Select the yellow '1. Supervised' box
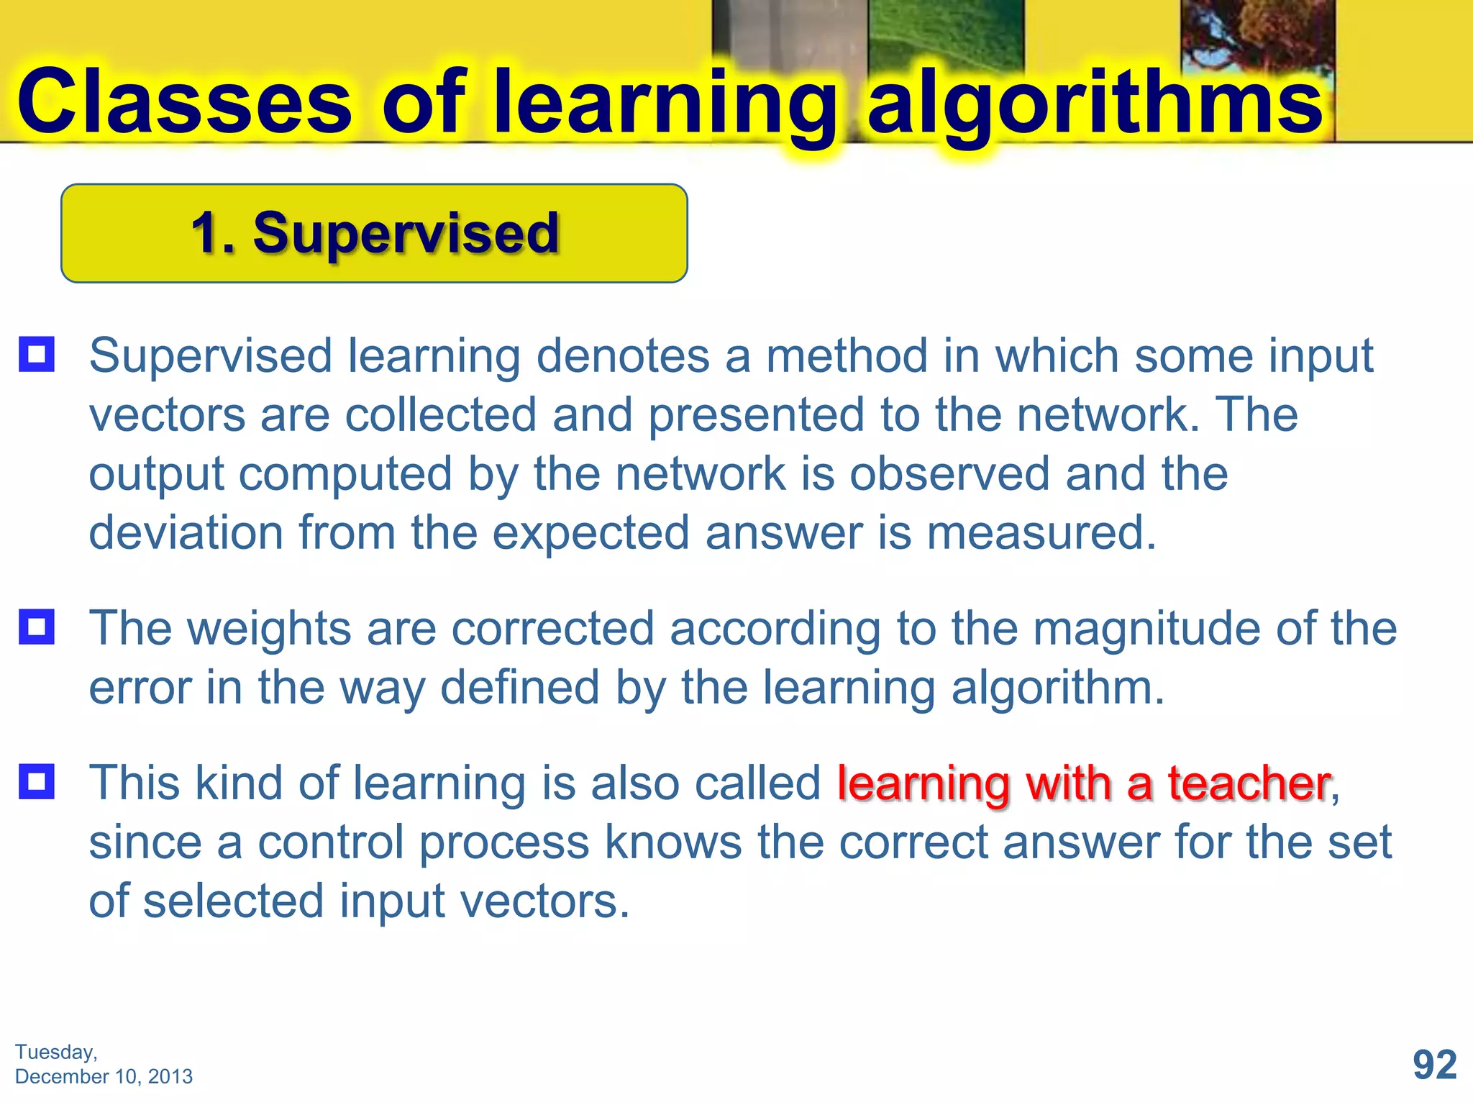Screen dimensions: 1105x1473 (x=374, y=233)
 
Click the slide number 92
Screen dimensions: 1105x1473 (x=1434, y=1064)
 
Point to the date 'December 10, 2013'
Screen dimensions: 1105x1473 (x=104, y=1076)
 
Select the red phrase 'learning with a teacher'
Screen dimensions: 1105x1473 (x=1083, y=783)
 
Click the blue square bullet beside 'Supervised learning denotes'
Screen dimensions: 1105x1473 (x=37, y=354)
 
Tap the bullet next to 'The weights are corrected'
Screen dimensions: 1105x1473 (x=37, y=627)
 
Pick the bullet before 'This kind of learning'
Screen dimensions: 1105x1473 (x=37, y=781)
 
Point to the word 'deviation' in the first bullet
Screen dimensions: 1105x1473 (x=186, y=532)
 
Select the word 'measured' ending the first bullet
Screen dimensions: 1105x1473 (x=1041, y=532)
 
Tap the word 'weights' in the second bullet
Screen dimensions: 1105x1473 (x=270, y=629)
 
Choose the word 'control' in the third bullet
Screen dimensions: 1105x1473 (x=330, y=842)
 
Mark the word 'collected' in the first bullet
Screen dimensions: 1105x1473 (x=441, y=414)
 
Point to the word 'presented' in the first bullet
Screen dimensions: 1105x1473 (x=756, y=415)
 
